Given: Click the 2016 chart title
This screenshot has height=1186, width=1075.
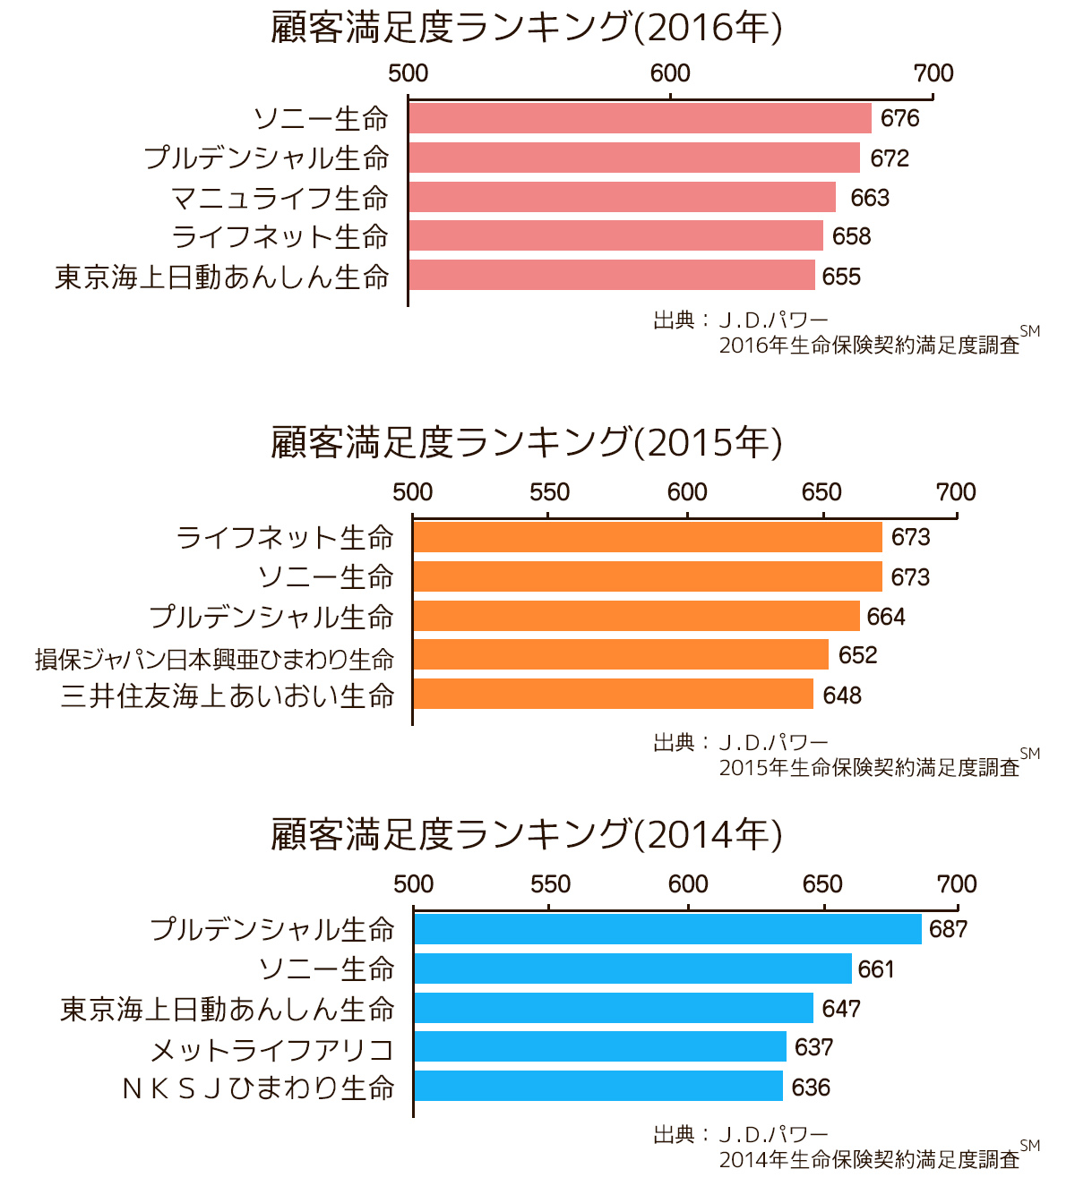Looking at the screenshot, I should pos(527,28).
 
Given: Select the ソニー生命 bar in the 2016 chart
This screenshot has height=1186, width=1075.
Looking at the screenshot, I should pos(640,118).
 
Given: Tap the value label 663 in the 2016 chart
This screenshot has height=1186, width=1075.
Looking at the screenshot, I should pos(870,198).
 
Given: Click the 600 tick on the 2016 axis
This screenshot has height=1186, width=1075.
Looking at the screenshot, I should pos(670,73).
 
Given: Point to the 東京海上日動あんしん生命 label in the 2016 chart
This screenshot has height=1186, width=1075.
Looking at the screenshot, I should pos(222,277).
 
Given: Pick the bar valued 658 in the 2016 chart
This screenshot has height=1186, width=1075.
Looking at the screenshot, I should pos(615,236).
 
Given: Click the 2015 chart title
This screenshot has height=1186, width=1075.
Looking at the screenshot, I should pos(527,442).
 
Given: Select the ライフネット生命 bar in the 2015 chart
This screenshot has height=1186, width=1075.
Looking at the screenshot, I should pos(648,537).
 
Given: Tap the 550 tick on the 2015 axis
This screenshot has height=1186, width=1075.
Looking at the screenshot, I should pos(549,491).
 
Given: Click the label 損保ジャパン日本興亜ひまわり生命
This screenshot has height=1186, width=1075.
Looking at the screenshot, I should pos(215,659).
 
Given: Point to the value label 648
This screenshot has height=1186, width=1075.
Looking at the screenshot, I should pos(842,695).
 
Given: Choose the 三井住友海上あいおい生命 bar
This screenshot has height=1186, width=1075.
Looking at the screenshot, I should pos(613,695).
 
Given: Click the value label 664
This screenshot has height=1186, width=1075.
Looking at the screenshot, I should pos(886,617).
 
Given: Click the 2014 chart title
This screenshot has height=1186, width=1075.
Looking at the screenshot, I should pos(527,834).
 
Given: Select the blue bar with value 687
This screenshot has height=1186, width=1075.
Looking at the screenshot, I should pos(667,929).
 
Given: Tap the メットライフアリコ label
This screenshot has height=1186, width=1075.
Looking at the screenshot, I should pos(272,1049).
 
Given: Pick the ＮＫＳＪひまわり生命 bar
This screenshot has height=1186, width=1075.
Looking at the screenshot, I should pos(598,1087).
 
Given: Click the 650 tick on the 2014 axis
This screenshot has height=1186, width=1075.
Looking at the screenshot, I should pos(822,884).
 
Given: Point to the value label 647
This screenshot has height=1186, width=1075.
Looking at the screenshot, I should pos(841,1009).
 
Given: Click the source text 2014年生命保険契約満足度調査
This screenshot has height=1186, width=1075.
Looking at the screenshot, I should pos(869,1160).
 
